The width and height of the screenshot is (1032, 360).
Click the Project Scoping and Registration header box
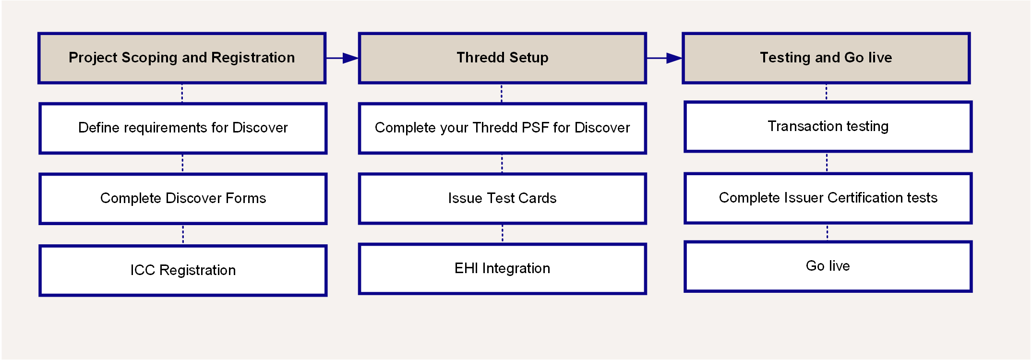click(182, 58)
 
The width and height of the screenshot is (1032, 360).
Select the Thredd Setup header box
click(503, 58)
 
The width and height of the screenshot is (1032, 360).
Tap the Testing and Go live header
click(826, 58)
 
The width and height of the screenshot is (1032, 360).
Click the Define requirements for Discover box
click(183, 128)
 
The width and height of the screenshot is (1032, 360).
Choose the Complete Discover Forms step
click(183, 199)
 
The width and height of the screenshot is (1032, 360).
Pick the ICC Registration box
click(183, 271)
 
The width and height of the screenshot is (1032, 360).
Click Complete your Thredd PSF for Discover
click(503, 128)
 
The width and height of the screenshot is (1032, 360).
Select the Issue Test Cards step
click(503, 199)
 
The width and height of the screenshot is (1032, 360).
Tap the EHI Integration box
click(503, 269)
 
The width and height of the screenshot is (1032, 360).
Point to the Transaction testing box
click(828, 127)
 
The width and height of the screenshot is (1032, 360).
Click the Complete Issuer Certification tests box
click(828, 198)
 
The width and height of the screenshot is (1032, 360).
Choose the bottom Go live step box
click(828, 266)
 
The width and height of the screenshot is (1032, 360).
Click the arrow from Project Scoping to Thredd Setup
click(342, 58)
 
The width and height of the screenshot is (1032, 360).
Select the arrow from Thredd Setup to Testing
click(665, 58)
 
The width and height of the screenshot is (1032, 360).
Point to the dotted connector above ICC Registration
click(183, 235)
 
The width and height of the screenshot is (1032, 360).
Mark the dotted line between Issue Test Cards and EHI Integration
click(503, 234)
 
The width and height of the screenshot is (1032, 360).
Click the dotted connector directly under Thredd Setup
click(502, 93)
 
